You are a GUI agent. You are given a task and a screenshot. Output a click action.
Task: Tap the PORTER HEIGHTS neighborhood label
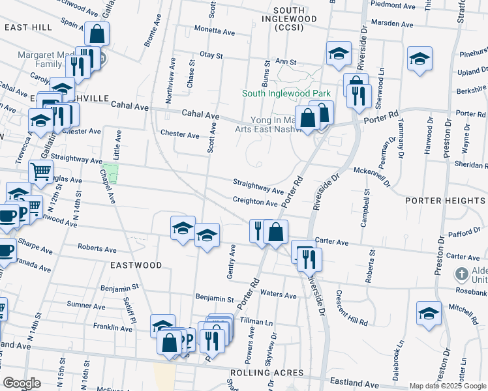(x=446, y=201)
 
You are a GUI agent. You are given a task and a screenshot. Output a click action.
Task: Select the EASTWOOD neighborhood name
(x=136, y=265)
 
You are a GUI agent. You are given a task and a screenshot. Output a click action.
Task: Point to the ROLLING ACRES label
(x=266, y=372)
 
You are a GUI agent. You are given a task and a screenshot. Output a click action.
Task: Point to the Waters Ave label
(x=279, y=295)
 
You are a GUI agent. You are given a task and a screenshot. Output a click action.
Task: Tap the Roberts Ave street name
(x=97, y=248)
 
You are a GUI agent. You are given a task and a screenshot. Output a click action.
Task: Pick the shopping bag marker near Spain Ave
(x=97, y=34)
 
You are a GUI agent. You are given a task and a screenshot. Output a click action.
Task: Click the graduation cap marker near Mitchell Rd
(x=429, y=312)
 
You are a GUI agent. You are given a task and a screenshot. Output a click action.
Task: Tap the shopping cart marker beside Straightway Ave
(x=40, y=172)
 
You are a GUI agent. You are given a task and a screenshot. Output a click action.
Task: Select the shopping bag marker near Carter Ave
(x=277, y=231)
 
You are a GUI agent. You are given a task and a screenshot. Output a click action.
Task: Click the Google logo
(x=22, y=383)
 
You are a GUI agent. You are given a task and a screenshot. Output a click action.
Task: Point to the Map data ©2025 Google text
(x=447, y=386)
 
